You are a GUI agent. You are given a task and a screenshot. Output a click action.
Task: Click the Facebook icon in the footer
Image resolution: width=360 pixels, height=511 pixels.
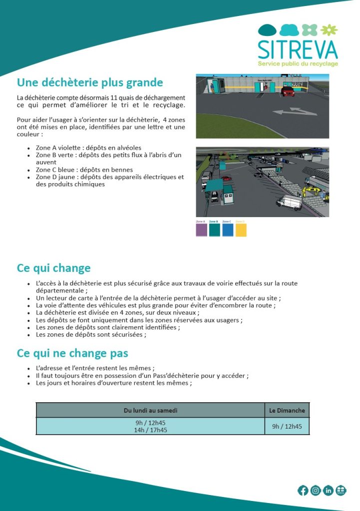coord(303,491)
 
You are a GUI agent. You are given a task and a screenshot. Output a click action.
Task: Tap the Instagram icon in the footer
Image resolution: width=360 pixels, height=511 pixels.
coord(316,491)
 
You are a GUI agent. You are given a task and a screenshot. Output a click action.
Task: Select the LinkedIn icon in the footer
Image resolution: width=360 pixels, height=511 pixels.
coord(328,491)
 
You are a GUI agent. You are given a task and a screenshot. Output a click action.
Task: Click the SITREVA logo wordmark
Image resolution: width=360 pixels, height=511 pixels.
coord(298,49)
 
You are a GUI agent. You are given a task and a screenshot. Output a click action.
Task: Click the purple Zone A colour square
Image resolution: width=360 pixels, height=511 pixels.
coord(202,230)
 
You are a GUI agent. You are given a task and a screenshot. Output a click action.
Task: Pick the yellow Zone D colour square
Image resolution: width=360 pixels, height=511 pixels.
coord(241,230)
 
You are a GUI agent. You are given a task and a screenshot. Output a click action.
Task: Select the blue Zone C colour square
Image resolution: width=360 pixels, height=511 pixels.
coord(228,230)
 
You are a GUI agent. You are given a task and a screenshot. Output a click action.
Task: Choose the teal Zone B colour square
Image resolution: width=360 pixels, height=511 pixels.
coord(215,230)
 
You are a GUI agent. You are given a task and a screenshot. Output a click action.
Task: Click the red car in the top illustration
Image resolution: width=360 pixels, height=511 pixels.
coord(288,92)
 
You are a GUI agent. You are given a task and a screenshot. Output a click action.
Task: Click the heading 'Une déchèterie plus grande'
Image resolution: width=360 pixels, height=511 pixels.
coord(90,82)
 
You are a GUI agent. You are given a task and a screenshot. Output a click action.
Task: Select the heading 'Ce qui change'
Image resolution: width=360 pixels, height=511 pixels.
coord(53,268)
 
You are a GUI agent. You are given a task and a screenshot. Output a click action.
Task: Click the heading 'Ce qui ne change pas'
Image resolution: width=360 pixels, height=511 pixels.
coord(72,354)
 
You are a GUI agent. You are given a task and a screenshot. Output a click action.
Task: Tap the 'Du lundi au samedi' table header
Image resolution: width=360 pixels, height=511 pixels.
coord(150,411)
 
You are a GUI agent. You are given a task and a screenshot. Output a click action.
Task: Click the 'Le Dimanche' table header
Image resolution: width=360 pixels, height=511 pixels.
coord(287,411)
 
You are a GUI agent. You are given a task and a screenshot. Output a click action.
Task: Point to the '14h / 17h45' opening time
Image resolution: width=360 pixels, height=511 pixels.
coord(150,430)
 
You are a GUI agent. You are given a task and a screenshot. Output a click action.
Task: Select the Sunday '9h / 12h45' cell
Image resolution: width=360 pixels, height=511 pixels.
coord(287,427)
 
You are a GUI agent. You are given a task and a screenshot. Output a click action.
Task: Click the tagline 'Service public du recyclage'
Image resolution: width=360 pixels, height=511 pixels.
coord(298,64)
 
